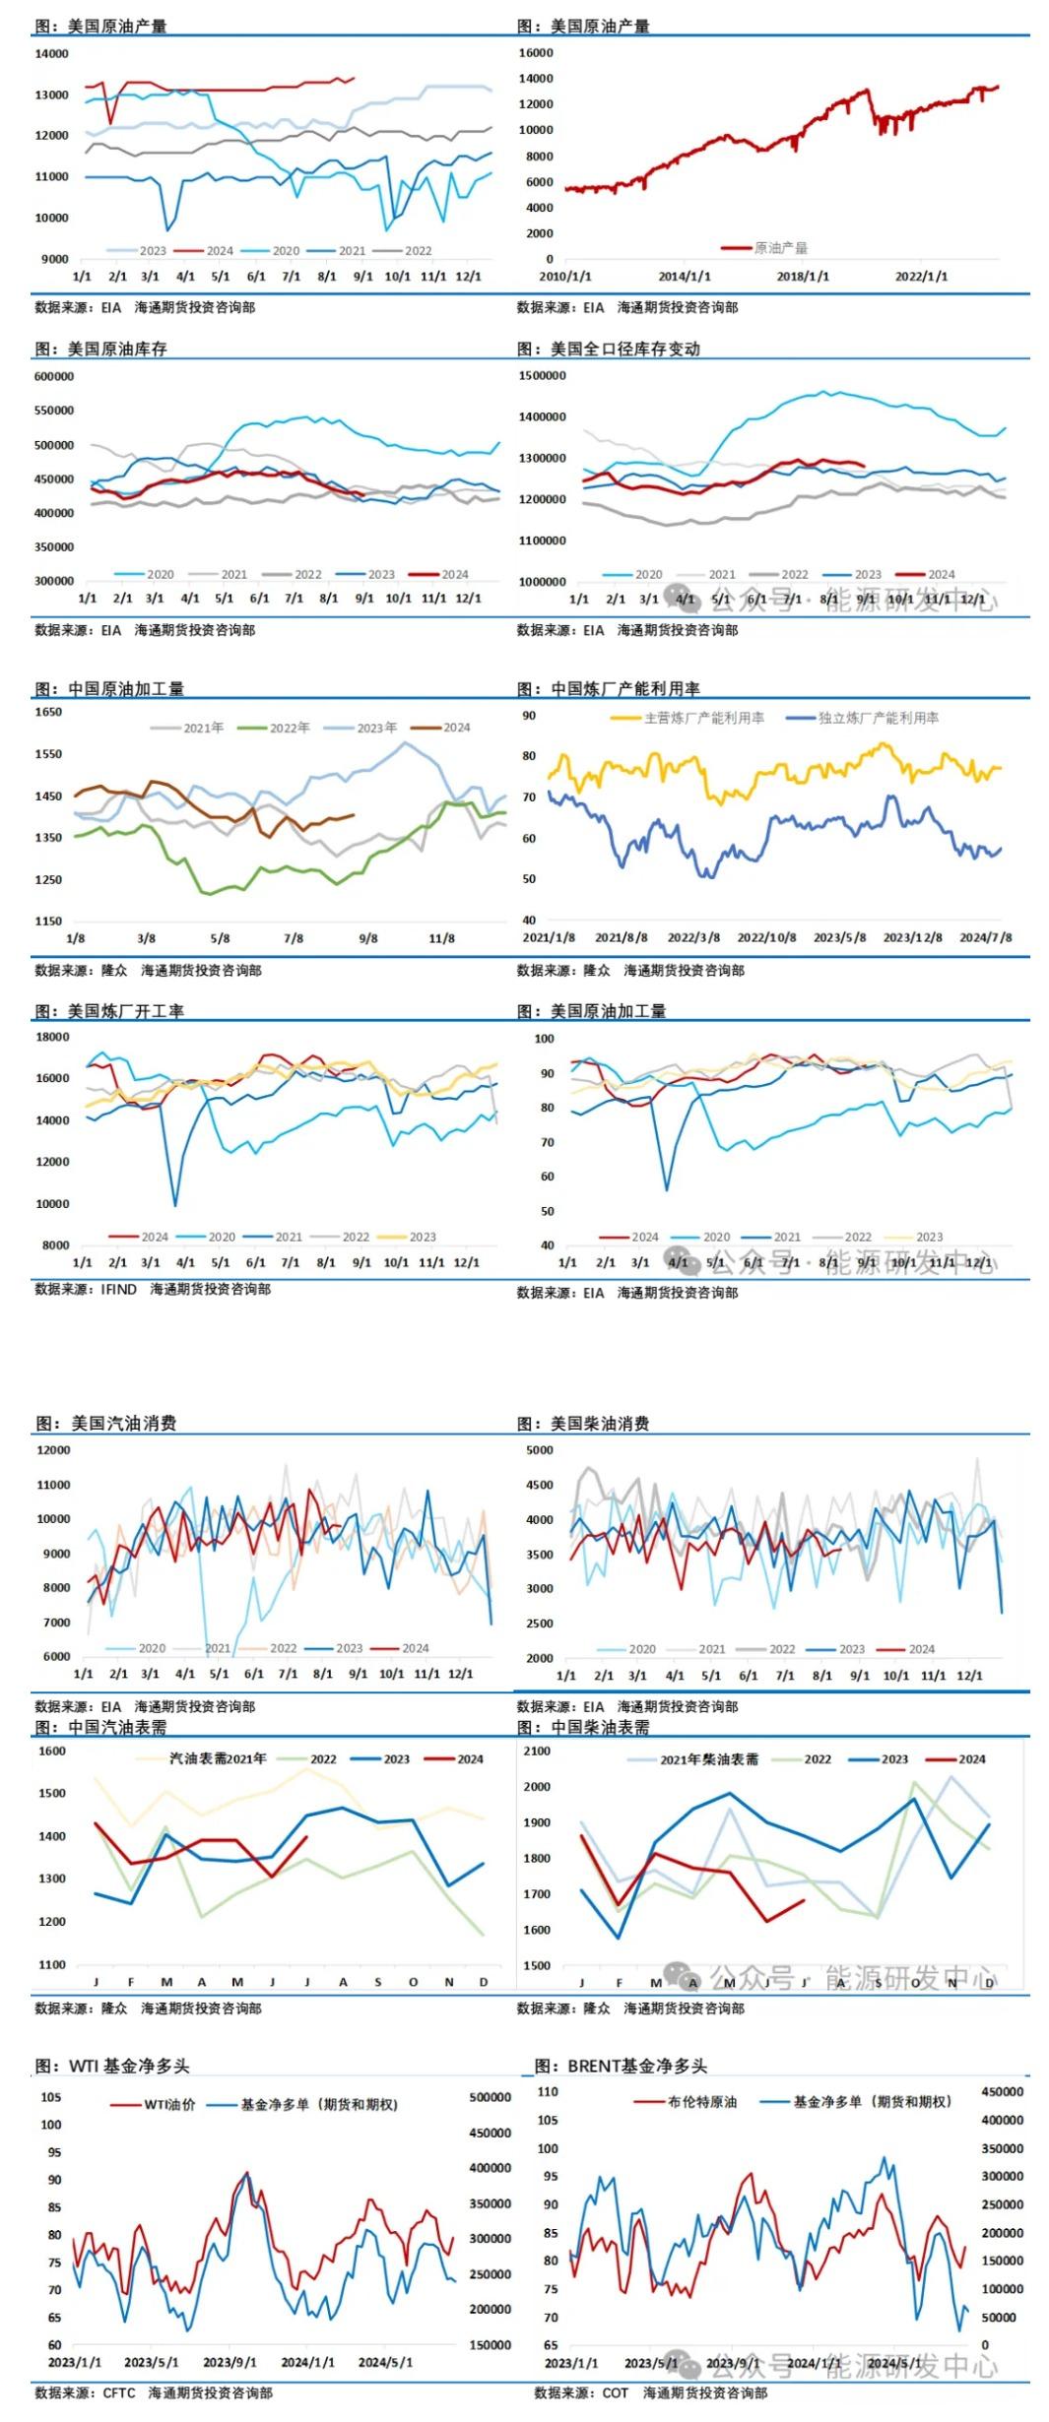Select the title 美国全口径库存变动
624,350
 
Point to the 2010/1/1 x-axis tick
565,277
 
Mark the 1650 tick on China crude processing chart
48,712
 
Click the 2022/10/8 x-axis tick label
766,938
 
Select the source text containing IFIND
153,1289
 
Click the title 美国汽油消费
123,1424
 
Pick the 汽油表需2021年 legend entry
218,1758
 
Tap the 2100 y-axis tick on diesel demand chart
537,1752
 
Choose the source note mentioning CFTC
154,2392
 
